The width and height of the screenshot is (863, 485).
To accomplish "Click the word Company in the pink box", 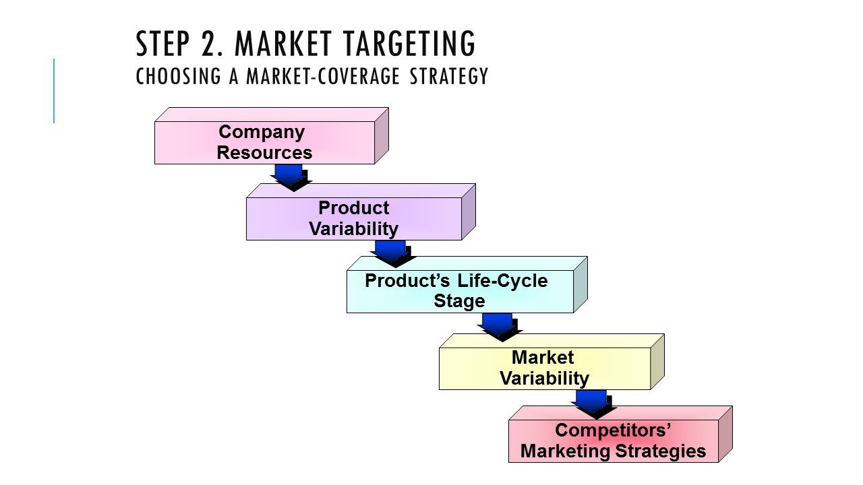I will pos(262,132).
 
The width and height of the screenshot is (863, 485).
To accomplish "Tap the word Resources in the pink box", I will pos(264,153).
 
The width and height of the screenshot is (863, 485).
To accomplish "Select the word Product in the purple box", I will pos(353,207).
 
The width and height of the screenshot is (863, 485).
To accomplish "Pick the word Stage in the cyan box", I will pos(459,301).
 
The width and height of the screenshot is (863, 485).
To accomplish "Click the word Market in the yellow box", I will pos(543,357).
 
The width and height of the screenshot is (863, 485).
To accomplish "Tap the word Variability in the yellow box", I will pos(544,378).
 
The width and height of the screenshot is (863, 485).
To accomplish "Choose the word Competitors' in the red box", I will pos(613,430).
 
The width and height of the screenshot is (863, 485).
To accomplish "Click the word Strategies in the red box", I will pos(664,451).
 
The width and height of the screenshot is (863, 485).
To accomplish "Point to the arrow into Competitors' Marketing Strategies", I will pos(593,403).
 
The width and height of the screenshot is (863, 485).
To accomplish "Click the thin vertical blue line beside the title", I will pos(54,91).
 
